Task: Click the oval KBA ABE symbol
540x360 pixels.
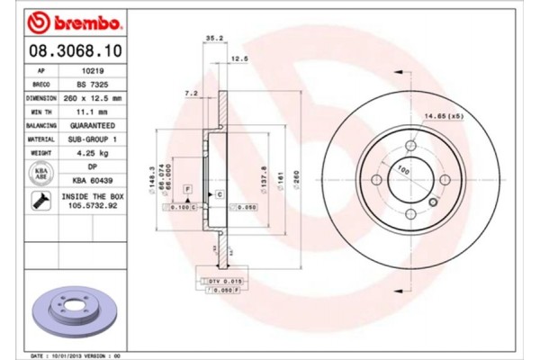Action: (x=40, y=174)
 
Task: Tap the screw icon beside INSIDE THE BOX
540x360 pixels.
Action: (x=40, y=202)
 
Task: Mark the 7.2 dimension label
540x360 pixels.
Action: (x=191, y=93)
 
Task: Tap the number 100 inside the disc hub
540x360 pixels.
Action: (x=404, y=170)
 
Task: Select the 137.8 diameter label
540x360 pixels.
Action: (x=263, y=175)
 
